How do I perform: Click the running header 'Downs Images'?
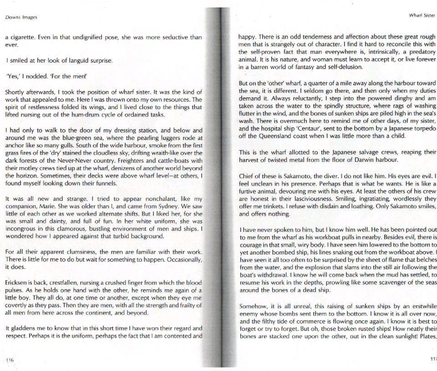coord(21,18)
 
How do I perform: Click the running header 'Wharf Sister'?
coord(422,15)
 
